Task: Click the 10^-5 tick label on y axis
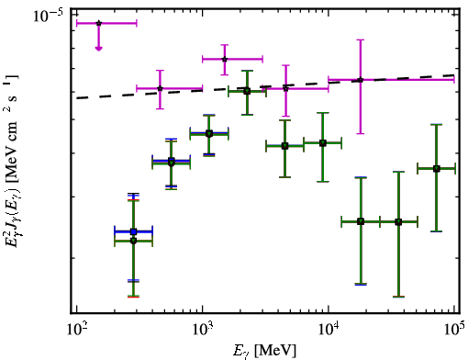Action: [48, 16]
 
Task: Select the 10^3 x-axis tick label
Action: [202, 330]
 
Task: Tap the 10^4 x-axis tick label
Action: [329, 330]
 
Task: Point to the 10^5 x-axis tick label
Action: [454, 330]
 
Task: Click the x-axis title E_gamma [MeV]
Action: [265, 351]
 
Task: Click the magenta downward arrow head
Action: [98, 48]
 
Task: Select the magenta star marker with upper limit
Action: [98, 23]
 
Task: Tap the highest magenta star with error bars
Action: [225, 59]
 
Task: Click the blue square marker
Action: [133, 231]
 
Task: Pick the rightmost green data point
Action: [437, 169]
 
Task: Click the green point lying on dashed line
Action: [247, 91]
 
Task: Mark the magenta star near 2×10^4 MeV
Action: [361, 80]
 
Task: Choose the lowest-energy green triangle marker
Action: [133, 242]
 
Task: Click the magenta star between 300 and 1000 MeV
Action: [160, 89]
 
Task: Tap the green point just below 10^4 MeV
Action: [323, 143]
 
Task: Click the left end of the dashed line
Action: [76, 98]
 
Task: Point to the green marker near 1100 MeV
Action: [209, 134]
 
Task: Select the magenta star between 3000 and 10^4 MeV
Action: [285, 89]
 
